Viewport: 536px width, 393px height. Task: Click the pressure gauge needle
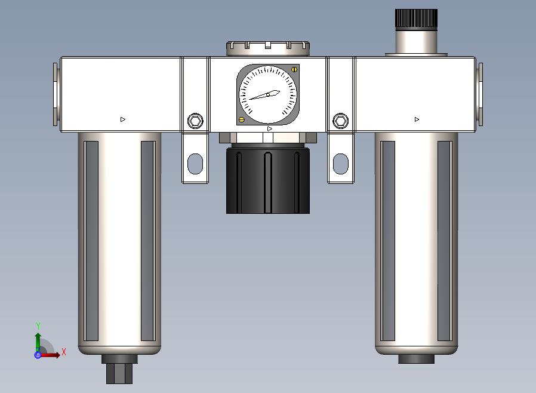coord(265,95)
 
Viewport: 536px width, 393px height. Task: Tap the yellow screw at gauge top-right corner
coord(294,69)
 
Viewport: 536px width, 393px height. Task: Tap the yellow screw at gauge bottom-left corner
coord(242,119)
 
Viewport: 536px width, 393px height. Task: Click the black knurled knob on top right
coord(417,20)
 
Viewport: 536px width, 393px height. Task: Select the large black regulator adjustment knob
coord(268,180)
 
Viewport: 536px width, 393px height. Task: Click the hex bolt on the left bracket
coord(195,121)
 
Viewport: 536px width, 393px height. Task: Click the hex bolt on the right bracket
coord(341,121)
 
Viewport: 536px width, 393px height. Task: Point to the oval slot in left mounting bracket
coord(195,164)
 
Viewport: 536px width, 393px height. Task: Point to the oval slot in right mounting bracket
coord(341,164)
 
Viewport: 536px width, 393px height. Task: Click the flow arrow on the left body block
coord(123,119)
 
